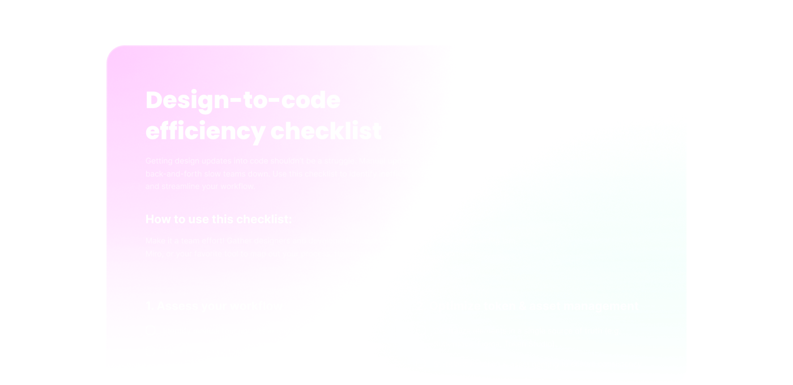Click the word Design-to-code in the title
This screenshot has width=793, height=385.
[243, 101]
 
